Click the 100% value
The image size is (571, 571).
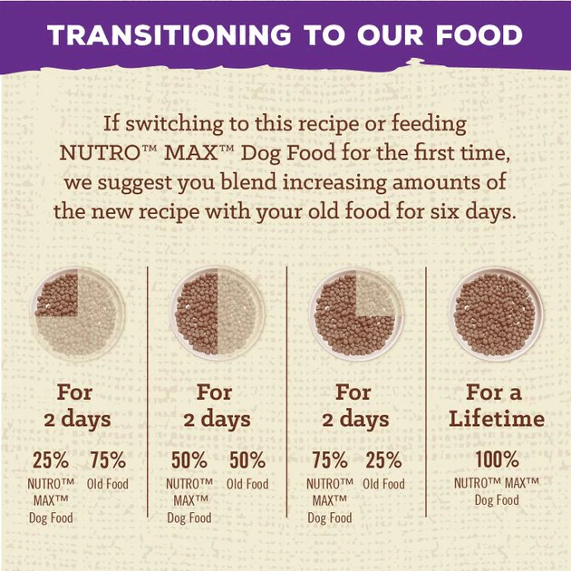coord(496,460)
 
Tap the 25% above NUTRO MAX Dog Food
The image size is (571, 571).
coord(50,460)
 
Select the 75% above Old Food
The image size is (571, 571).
coord(107,460)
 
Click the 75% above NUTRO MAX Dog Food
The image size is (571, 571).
coord(328,460)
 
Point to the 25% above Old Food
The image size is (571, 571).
coord(383,460)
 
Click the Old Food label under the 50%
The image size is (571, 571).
coord(247,484)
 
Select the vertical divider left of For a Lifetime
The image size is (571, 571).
coord(426,363)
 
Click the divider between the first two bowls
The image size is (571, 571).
coord(149,363)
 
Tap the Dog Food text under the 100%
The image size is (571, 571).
coord(496,500)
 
